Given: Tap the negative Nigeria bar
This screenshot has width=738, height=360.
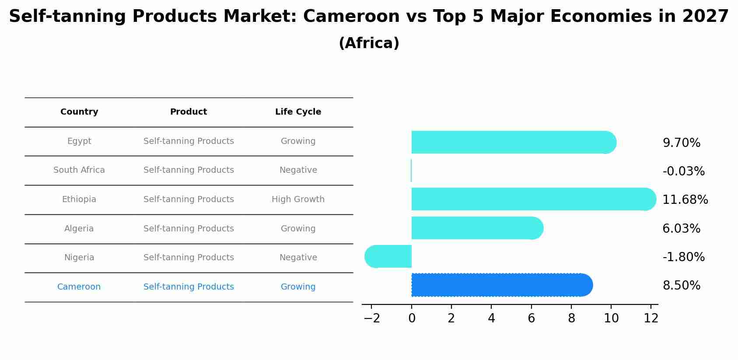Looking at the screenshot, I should click(389, 256).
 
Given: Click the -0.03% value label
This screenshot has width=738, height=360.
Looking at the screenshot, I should click(683, 171).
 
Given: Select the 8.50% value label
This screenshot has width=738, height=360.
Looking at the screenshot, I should click(681, 286).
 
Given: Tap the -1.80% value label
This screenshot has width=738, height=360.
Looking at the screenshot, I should click(683, 257).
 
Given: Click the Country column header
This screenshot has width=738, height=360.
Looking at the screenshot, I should click(79, 112).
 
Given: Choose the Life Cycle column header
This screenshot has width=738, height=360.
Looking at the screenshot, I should click(298, 112).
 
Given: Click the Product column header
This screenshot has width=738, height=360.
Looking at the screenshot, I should click(189, 112).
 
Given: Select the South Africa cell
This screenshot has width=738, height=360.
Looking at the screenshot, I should click(79, 170).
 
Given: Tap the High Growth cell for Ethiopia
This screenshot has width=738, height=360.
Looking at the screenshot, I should click(298, 199).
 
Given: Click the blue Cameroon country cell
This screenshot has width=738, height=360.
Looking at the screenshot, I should click(79, 287).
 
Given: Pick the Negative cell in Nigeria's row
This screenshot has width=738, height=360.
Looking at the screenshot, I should click(298, 258).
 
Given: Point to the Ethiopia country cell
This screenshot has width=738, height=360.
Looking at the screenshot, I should click(79, 199).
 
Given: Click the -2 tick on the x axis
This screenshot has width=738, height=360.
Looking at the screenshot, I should click(371, 318).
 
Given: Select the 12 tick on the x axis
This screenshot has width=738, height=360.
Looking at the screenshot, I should click(651, 318).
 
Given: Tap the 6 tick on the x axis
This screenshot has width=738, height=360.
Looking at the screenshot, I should click(531, 318).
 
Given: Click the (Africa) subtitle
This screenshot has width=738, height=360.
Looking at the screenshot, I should click(369, 43).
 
